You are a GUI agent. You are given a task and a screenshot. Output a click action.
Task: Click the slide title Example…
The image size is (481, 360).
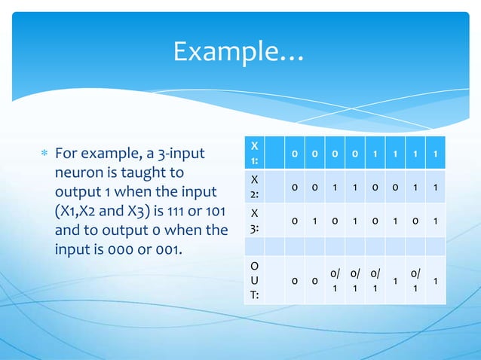tap(237, 51)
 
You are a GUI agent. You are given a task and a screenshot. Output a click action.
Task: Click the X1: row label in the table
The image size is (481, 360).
tap(256, 153)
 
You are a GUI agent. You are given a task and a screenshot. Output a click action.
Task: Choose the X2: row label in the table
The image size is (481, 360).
tap(256, 186)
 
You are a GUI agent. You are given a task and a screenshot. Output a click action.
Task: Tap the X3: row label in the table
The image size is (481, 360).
tap(256, 219)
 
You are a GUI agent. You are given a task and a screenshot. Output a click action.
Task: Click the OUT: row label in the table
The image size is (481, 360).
tap(256, 279)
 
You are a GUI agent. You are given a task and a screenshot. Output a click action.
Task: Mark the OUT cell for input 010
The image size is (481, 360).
tap(335, 279)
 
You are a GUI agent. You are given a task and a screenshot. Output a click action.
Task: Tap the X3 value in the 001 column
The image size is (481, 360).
tap(314, 219)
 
